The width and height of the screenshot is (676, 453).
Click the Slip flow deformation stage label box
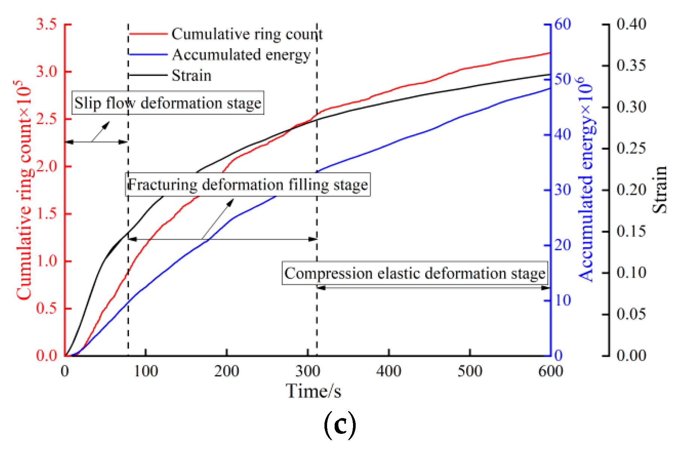click(168, 103)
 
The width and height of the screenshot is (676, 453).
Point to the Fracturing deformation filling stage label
click(248, 184)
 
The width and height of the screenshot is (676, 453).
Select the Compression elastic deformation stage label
click(415, 273)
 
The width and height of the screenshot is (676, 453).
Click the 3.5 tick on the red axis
click(46, 24)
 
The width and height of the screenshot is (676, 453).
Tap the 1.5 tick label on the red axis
click(46, 214)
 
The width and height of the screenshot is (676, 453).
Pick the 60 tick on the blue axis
click(563, 24)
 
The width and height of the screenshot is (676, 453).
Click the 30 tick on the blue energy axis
click(563, 190)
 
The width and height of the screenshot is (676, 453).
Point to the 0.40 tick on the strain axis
click(631, 24)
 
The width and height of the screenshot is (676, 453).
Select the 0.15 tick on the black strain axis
click(631, 231)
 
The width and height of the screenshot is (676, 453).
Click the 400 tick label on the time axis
click(389, 371)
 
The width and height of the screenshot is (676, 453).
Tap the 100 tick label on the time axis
click(146, 371)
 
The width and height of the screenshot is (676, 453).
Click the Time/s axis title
click(313, 391)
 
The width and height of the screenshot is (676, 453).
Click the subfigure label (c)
click(340, 425)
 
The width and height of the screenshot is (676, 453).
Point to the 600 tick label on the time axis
click(550, 371)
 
